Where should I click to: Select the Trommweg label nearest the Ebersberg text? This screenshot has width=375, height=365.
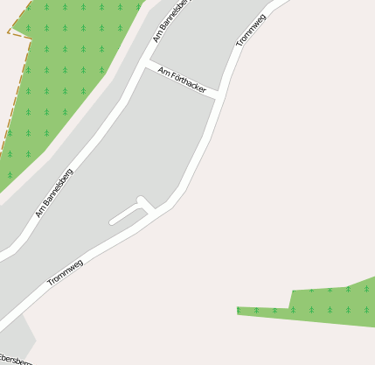point(66,272)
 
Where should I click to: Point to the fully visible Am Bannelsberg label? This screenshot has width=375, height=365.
point(54,193)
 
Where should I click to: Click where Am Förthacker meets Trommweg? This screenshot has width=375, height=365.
point(215,95)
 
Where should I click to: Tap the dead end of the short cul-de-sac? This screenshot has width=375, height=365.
point(111,221)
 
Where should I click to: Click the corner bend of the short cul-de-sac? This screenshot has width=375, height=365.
point(141,200)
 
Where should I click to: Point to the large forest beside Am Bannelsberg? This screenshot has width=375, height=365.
point(61,79)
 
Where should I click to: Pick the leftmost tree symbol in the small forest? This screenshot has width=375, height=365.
point(239,310)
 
